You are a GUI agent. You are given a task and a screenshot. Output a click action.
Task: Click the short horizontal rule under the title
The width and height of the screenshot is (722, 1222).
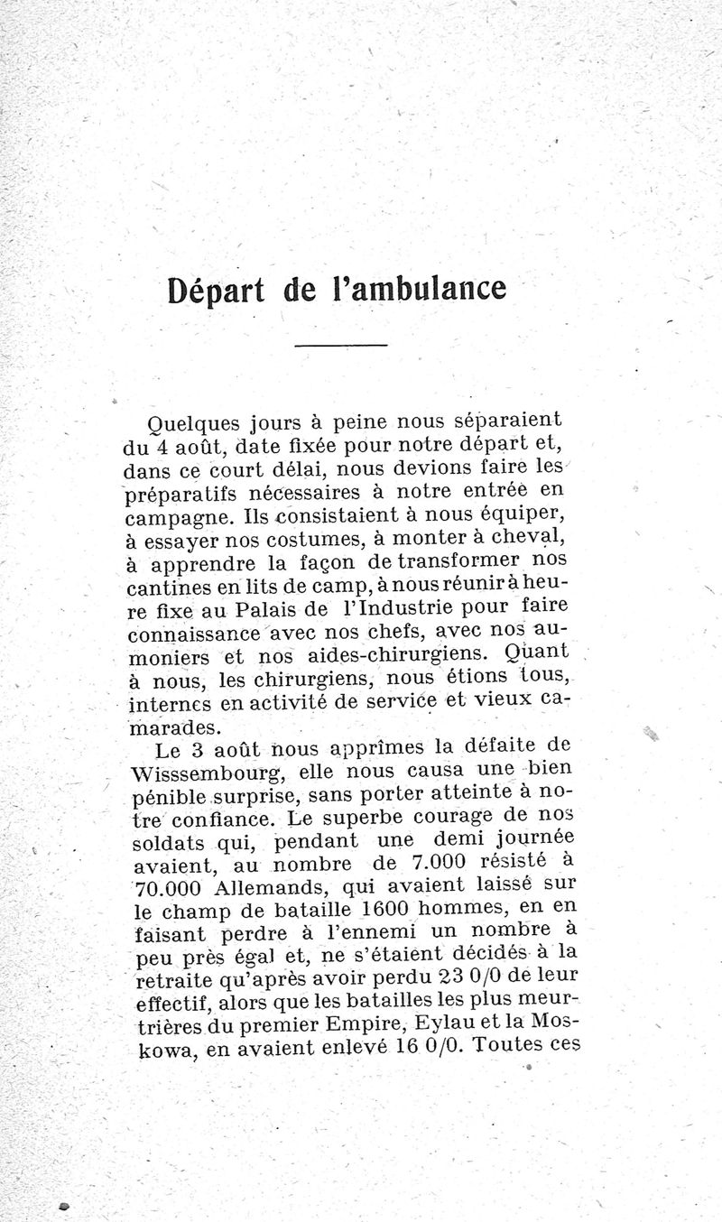pos(340,345)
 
